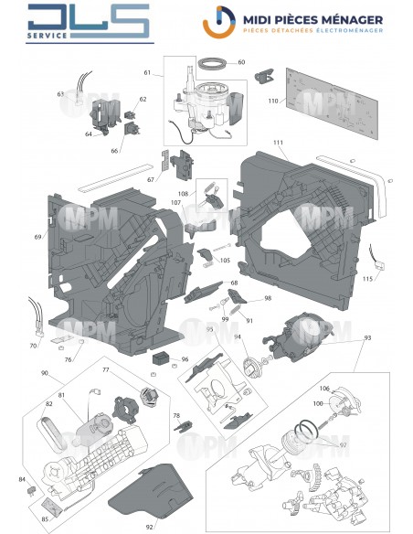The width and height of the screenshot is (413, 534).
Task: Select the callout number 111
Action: [x=278, y=144]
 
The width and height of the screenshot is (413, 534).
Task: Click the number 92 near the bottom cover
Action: [x=150, y=527]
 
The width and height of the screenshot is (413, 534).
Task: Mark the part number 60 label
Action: [x=242, y=63]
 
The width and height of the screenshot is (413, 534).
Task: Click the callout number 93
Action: [x=367, y=339]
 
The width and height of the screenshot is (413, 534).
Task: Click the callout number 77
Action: [x=106, y=370]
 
